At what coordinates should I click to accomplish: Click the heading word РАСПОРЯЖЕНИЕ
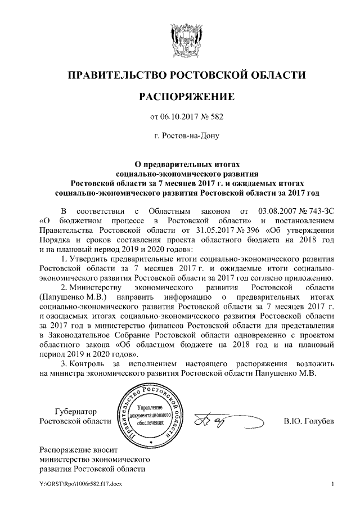click(x=179, y=97)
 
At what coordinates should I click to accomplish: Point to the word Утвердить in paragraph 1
click(x=91, y=259)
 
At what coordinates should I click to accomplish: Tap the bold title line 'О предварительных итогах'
click(x=179, y=164)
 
